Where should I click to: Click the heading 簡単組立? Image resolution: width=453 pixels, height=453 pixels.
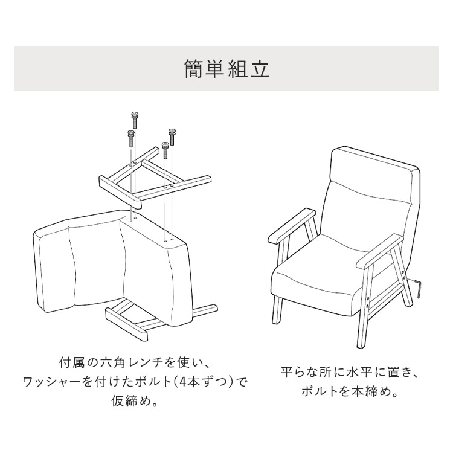point(226,69)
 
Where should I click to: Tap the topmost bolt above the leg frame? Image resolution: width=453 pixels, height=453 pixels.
point(133,120)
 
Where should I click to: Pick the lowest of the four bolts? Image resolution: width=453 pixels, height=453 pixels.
point(165,150)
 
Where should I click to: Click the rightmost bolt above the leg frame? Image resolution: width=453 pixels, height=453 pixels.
point(172,137)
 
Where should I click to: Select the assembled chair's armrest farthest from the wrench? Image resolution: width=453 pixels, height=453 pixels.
point(292,225)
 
